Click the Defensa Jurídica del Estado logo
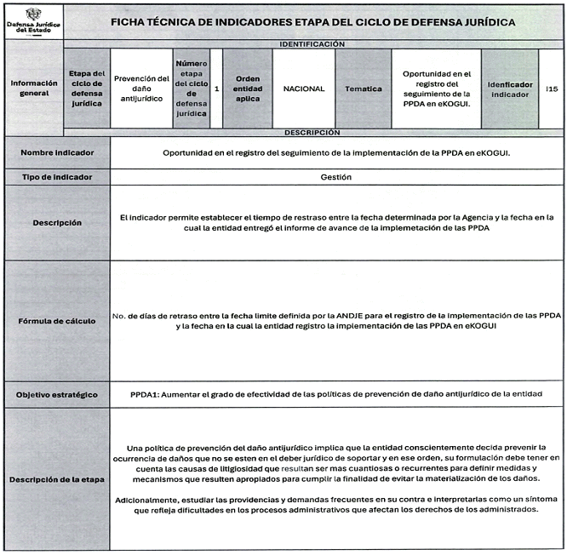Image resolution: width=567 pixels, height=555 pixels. point(32,20)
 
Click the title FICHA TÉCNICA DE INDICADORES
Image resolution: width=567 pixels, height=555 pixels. point(312,21)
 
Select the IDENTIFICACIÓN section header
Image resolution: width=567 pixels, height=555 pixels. point(312,43)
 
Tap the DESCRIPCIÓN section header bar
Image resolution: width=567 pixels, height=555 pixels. point(312,133)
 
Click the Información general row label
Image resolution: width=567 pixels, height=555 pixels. point(34,88)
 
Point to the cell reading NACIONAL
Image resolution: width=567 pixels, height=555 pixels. point(304,88)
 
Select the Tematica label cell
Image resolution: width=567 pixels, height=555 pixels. point(363,88)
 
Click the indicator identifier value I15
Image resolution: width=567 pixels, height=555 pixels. point(552,88)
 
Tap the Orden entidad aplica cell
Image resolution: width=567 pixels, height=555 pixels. point(247,88)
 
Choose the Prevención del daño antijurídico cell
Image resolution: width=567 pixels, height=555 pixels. point(141,88)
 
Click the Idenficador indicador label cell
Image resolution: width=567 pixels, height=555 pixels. point(509,89)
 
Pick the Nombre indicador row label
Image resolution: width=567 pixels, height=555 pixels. point(58,153)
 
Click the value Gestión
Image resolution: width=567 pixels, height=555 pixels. point(336,177)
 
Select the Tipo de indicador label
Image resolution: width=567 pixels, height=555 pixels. point(58,177)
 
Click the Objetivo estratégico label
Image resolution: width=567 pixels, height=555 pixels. point(58,395)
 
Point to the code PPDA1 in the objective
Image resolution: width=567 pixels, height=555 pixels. point(146,395)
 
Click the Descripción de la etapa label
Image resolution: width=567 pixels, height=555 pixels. point(58,479)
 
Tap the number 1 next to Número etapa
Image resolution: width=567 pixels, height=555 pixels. point(216,88)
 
